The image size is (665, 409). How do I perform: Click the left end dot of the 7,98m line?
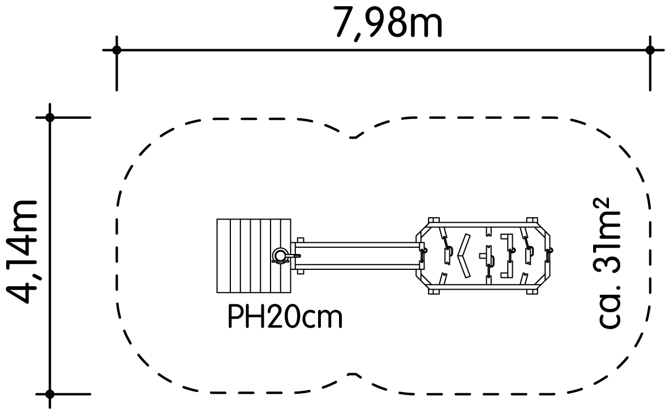coord(117,50)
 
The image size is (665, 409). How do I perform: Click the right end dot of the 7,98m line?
coord(649,50)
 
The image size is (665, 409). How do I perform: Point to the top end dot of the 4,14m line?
coord(50,117)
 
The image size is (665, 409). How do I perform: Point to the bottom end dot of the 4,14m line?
coord(50,394)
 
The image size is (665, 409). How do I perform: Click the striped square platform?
coord(254,256)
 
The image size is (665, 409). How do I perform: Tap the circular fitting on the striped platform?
coord(280,256)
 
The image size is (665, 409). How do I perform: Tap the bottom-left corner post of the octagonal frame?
coord(434,291)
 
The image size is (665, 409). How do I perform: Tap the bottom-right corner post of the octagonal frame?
coord(532,291)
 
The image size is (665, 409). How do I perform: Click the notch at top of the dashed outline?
coord(355,137)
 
